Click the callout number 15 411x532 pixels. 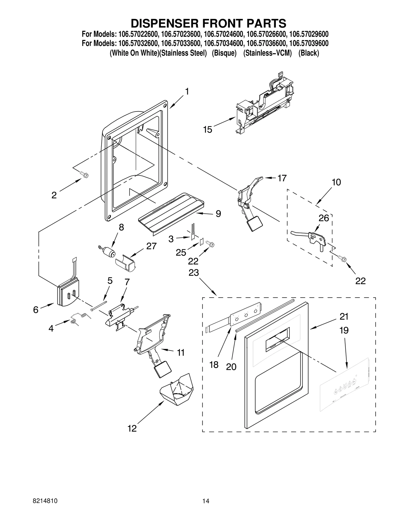point(208,130)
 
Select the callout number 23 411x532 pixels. point(194,273)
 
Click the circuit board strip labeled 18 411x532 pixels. point(244,315)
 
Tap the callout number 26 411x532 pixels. point(324,218)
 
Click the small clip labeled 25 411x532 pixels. point(202,241)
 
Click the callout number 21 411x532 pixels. point(344,317)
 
